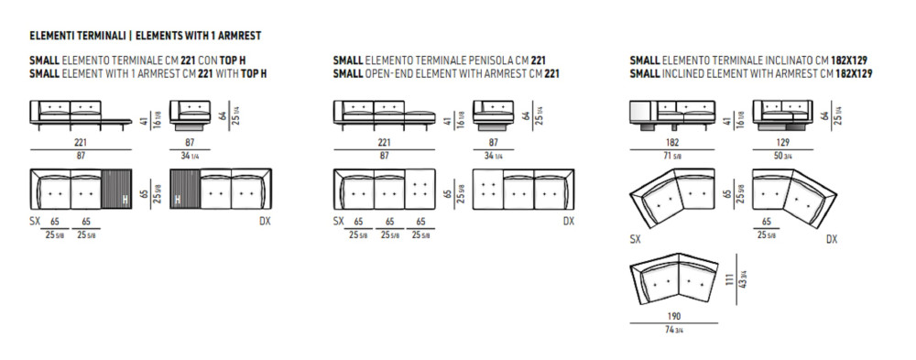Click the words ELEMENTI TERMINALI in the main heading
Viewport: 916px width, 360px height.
[x=78, y=37]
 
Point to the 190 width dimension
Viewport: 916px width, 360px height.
[x=674, y=316]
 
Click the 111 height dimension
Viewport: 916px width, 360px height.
[x=728, y=279]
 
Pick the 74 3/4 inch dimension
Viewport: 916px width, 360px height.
[x=674, y=330]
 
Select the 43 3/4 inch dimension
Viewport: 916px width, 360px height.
[x=743, y=279]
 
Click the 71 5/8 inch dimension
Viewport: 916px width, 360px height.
[x=672, y=156]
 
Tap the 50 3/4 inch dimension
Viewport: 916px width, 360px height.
[x=783, y=156]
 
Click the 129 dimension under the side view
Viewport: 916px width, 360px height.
[x=783, y=142]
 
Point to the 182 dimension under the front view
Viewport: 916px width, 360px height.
[x=672, y=142]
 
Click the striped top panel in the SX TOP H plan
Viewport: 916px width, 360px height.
[x=117, y=190]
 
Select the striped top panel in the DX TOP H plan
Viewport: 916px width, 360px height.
[x=184, y=190]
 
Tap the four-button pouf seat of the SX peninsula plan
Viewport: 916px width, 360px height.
[x=420, y=190]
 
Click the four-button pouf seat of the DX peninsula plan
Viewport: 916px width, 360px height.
[x=488, y=190]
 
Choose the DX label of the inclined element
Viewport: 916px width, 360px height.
[x=832, y=240]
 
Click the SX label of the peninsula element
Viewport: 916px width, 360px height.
[x=338, y=222]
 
